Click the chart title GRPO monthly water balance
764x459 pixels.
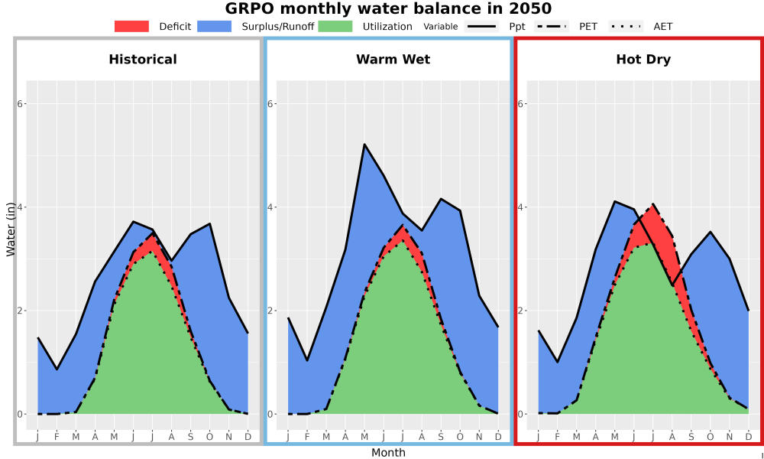388,8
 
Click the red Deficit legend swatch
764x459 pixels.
131,26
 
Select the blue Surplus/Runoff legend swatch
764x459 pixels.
215,26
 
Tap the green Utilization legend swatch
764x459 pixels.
335,26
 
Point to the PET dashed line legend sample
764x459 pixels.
552,26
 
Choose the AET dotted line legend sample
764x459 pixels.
626,26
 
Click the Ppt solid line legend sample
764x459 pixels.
481,26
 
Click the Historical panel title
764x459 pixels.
143,60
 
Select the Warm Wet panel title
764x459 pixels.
393,60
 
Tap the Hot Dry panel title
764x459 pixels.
643,60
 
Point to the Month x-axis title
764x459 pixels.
388,453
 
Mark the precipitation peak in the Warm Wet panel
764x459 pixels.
364,145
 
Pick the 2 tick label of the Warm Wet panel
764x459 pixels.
271,311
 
